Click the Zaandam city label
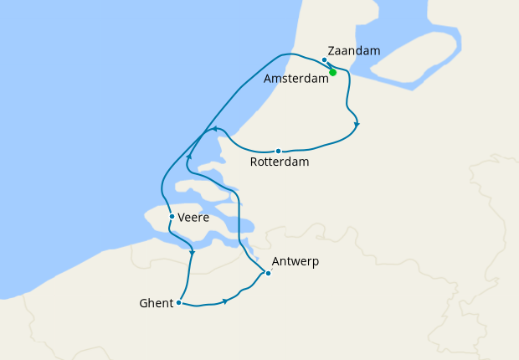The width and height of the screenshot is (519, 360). [x=354, y=51]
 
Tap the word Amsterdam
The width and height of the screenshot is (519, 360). [x=295, y=79]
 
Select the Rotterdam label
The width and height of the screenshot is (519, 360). [x=280, y=162]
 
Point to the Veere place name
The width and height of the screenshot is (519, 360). [x=193, y=218]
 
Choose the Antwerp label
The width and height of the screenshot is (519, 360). [x=295, y=262]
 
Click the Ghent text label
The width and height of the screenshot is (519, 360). [x=157, y=303]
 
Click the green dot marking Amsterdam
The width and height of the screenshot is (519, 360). [x=333, y=72]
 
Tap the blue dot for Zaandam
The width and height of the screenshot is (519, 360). [x=324, y=59]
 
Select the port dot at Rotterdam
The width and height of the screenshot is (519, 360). [x=278, y=152]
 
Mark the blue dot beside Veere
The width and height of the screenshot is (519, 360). [x=172, y=217]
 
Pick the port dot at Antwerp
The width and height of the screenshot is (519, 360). [x=267, y=273]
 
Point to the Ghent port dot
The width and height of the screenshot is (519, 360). [x=179, y=302]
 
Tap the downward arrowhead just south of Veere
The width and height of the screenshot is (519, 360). [x=193, y=253]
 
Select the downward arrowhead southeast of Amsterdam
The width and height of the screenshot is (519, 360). [x=357, y=125]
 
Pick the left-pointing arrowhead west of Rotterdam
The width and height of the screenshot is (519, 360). [x=214, y=129]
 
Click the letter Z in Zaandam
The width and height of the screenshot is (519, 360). [x=332, y=51]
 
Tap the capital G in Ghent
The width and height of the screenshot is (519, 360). [x=143, y=303]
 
